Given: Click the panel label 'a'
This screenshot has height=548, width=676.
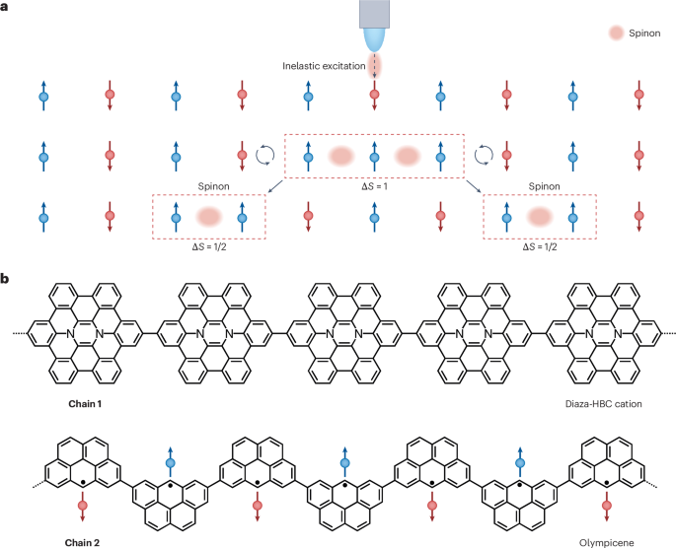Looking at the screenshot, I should click(x=7, y=8).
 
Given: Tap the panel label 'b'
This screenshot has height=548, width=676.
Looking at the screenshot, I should click(x=7, y=281).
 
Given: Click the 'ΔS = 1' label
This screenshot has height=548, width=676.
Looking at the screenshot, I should click(x=374, y=187).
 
